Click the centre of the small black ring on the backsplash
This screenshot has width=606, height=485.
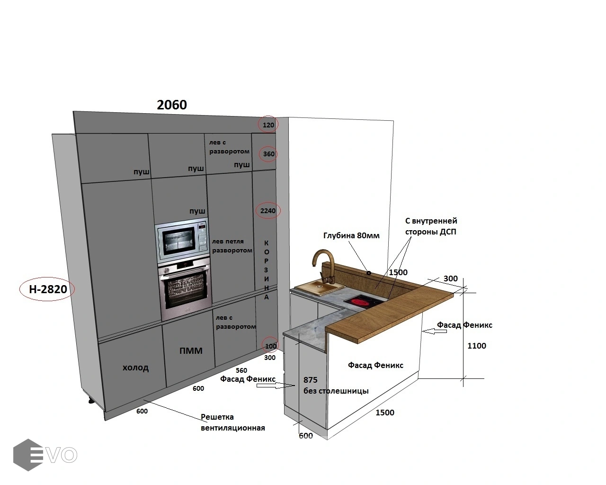(368, 273)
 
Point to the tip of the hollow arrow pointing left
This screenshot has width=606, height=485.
(423, 332)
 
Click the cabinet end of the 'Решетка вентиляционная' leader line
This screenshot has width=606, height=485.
(143, 399)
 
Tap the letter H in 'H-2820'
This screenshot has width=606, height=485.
(33, 289)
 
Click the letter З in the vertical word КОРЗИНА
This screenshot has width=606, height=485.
(266, 269)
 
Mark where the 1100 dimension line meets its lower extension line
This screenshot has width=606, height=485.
(463, 378)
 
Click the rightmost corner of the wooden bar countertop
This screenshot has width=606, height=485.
(454, 294)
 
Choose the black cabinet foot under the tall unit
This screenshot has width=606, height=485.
(92, 400)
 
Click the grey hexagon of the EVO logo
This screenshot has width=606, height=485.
(27, 455)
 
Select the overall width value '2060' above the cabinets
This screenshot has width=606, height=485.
(172, 105)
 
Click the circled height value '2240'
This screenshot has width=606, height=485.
(268, 210)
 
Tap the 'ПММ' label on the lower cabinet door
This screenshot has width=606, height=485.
(191, 350)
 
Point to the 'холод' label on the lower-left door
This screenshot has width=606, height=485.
(135, 368)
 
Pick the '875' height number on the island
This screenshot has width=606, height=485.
(310, 380)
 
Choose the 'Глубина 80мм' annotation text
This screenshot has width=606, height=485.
(351, 235)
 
